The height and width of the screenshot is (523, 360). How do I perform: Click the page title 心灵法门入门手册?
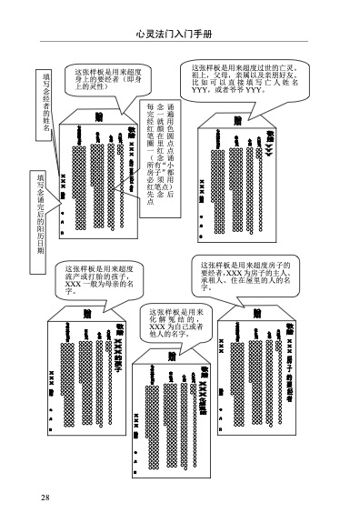pyautogui.click(x=179, y=34)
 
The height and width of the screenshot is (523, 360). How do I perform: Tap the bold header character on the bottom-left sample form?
pyautogui.click(x=87, y=314)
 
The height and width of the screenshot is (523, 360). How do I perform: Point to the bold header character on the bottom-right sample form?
pyautogui.click(x=257, y=314)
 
